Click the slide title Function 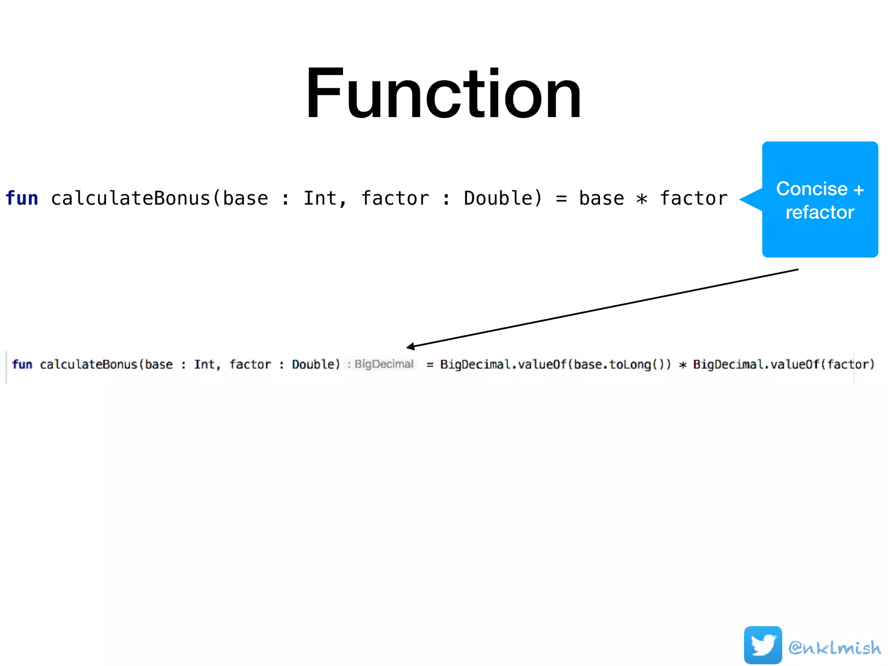443,93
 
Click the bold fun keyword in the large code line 22,198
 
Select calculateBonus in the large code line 131,198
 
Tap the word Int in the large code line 320,198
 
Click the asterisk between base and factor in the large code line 642,199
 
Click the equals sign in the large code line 561,199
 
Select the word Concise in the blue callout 812,189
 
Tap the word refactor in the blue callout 820,212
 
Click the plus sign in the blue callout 859,189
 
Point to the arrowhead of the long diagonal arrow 409,346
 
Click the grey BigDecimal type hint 383,364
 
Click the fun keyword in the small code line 22,364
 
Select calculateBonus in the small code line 88,364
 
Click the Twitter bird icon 763,645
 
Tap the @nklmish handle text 835,647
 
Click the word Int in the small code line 204,364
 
